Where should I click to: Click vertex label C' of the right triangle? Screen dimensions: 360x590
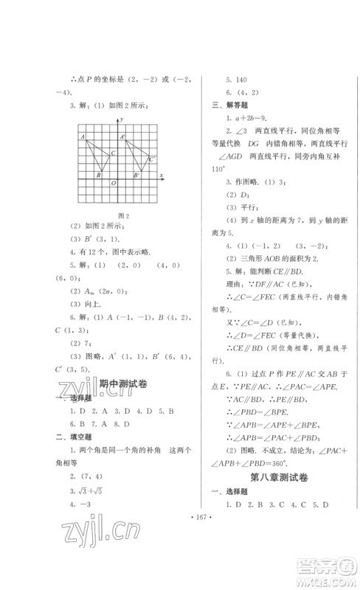152,158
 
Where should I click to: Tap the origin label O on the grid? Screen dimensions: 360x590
113,183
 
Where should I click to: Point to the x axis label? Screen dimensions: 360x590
162,173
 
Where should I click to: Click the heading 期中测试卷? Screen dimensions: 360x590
121,384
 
